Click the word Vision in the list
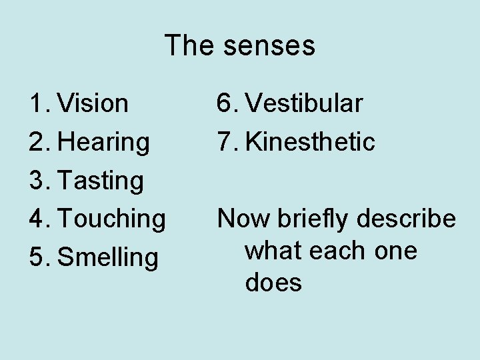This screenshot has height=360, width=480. tap(93, 103)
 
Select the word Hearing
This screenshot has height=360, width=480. tap(104, 141)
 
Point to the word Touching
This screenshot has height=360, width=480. tap(112, 218)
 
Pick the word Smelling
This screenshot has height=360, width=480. tap(109, 257)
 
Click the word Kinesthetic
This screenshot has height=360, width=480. tap(309, 141)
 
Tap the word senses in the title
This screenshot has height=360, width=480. tap(269, 46)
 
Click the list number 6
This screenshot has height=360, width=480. tap(225, 103)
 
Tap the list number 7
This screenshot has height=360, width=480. tap(225, 141)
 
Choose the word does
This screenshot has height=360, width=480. tap(273, 283)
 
